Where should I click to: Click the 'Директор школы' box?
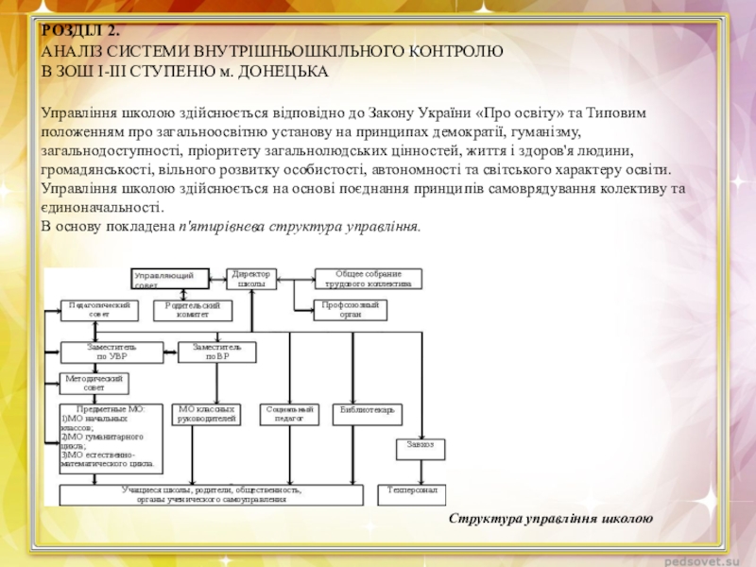pos(250,279)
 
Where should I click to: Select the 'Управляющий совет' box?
pos(168,279)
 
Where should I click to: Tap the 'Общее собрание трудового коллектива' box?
pos(368,279)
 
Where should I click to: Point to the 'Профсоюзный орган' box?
pos(352,310)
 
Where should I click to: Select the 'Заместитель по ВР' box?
pos(217,352)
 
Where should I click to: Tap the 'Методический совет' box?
pos(94,383)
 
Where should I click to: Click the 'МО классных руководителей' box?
pos(206,414)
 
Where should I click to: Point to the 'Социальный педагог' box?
pos(289,414)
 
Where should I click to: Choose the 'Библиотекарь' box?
pos(369,414)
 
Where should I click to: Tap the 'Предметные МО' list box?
pos(112,438)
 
